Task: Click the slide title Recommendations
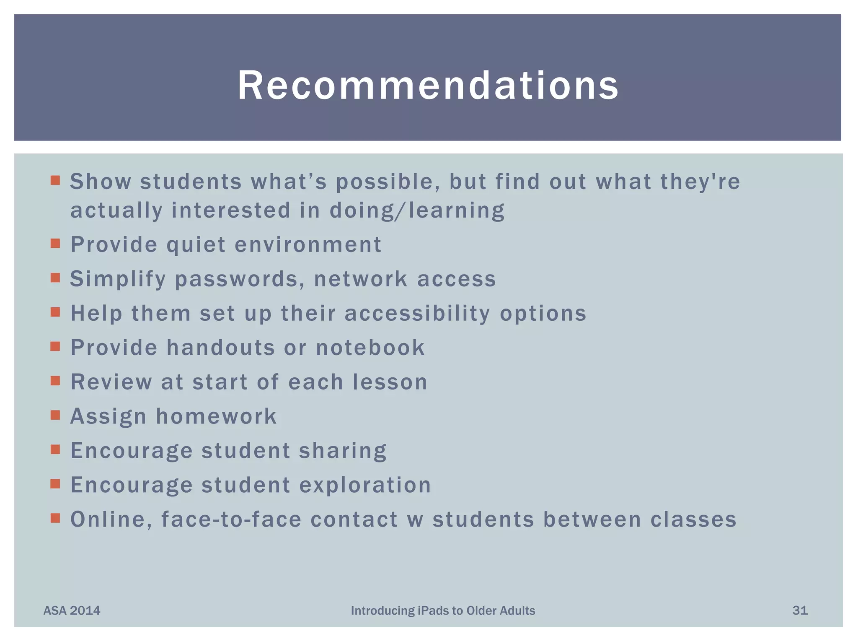(x=428, y=86)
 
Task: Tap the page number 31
(x=800, y=610)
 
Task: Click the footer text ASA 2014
(x=72, y=610)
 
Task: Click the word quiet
(x=196, y=245)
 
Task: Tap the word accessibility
(x=417, y=314)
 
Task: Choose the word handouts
(x=221, y=348)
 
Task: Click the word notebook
(x=370, y=348)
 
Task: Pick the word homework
(x=216, y=416)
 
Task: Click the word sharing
(x=343, y=451)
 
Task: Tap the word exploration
(x=365, y=486)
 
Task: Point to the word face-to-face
(x=231, y=519)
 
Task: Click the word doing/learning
(x=417, y=210)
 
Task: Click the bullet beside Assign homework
(x=55, y=415)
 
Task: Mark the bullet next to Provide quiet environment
(x=55, y=244)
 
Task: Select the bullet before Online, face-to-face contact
(x=55, y=518)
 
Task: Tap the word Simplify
(x=118, y=279)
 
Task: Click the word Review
(x=111, y=382)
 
